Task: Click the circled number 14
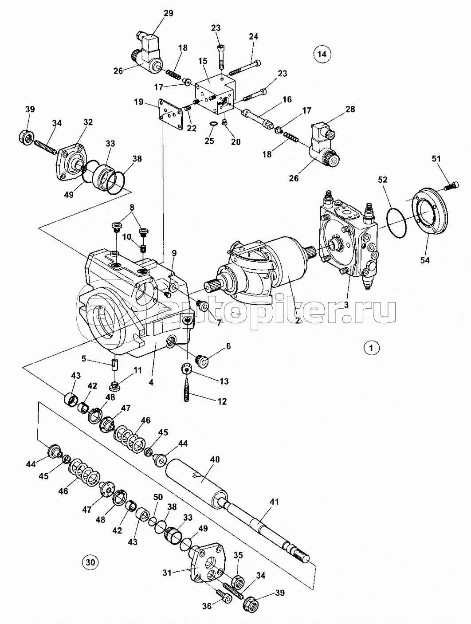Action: pos(322,54)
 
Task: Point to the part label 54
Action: pos(425,260)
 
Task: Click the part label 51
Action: pos(436,159)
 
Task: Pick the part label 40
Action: pos(215,459)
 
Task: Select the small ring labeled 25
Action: pos(212,123)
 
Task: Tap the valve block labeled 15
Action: pos(216,94)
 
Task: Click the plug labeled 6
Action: pos(202,361)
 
